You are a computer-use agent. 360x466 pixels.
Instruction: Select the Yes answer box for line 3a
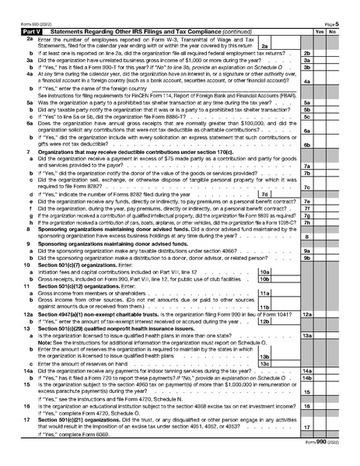[x=320, y=60]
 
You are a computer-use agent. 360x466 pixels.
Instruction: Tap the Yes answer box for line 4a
[x=320, y=81]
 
